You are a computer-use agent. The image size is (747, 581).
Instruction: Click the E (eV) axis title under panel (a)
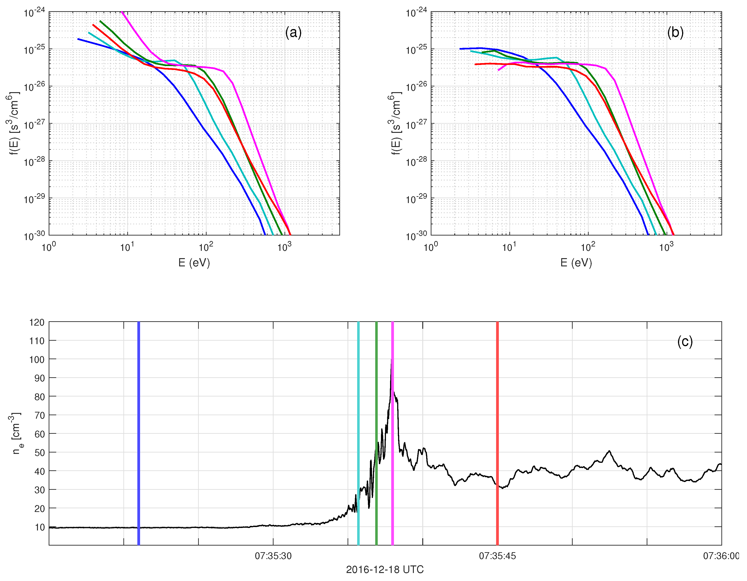194,263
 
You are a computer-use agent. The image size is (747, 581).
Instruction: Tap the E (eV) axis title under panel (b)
576,263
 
